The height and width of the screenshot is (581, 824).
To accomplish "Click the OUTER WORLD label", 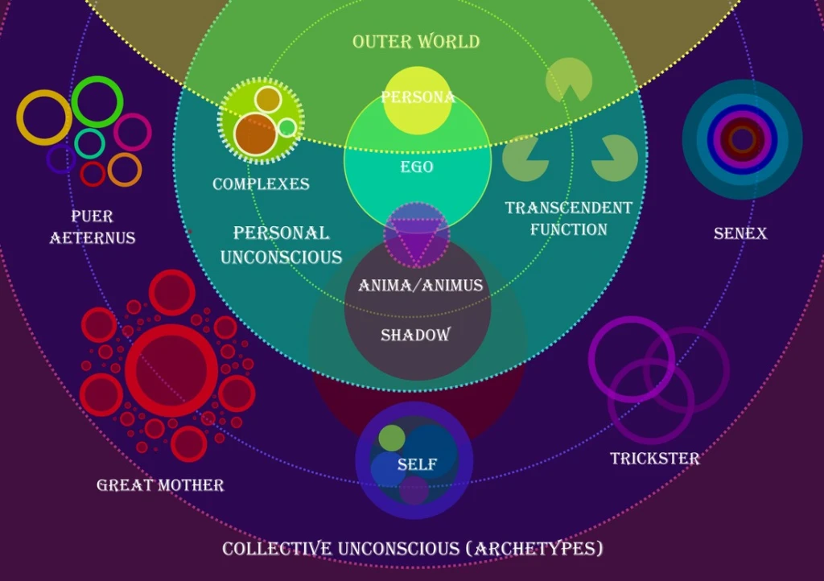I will [x=416, y=41].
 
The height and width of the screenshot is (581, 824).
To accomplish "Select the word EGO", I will [x=417, y=167].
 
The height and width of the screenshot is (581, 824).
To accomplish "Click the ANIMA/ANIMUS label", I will [x=420, y=286].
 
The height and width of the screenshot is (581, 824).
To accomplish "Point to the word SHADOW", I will [x=415, y=335].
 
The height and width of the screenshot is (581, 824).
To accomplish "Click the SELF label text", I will [x=417, y=464].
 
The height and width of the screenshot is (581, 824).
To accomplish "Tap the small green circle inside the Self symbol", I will [x=392, y=438].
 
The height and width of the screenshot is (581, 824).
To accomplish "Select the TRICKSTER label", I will [x=654, y=459].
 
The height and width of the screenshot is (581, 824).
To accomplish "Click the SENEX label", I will [x=740, y=233].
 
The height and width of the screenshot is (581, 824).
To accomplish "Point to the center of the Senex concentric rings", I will [x=742, y=139].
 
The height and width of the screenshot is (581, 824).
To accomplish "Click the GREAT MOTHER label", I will [x=160, y=484].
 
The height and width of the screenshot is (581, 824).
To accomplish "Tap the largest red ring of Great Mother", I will [x=171, y=370].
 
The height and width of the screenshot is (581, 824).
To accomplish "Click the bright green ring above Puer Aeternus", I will [x=97, y=101].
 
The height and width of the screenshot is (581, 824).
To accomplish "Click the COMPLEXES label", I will [x=261, y=184].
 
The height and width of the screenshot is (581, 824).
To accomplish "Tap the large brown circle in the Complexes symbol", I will [x=255, y=134].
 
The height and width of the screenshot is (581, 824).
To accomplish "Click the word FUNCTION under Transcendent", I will [x=568, y=229].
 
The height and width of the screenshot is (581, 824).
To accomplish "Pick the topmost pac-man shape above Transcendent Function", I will [x=568, y=80].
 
